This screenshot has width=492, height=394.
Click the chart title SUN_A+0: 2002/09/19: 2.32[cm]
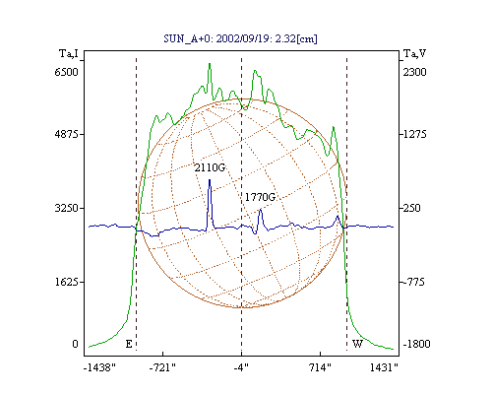[240, 38]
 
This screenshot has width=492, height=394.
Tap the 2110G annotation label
[210, 167]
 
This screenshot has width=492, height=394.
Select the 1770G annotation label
[260, 197]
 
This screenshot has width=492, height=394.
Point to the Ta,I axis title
[69, 53]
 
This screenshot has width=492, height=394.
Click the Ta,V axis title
[414, 53]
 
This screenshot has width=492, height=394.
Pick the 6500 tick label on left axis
[67, 72]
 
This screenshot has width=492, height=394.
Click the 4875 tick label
[67, 134]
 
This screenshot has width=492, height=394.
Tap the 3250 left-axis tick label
[67, 208]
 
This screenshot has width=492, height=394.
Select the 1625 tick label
[67, 282]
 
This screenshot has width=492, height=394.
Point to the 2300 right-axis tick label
[415, 72]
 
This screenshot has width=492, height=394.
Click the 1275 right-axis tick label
[415, 134]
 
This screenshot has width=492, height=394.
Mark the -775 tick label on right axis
[414, 282]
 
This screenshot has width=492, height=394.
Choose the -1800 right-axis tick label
[416, 344]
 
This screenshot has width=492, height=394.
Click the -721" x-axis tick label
[162, 367]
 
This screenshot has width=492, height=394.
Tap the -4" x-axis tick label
[241, 367]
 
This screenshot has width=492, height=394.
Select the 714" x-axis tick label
[321, 367]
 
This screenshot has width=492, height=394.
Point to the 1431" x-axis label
[384, 367]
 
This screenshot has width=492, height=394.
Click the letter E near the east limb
[129, 344]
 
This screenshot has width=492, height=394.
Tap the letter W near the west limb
[357, 344]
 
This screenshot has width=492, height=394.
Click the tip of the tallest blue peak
[210, 179]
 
